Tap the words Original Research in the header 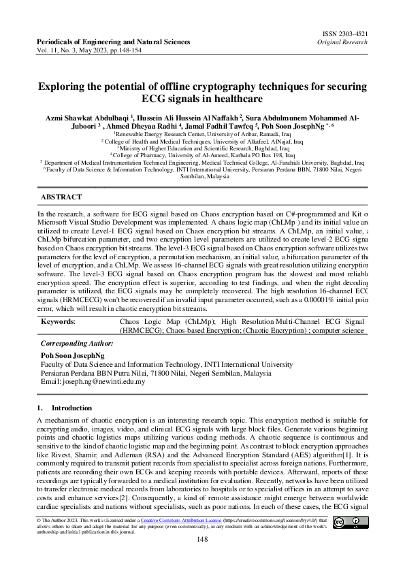(x=342, y=42)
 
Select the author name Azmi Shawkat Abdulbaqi (x=86, y=118)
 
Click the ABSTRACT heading (x=61, y=197)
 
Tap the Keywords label (x=59, y=320)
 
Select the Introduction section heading (x=71, y=408)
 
